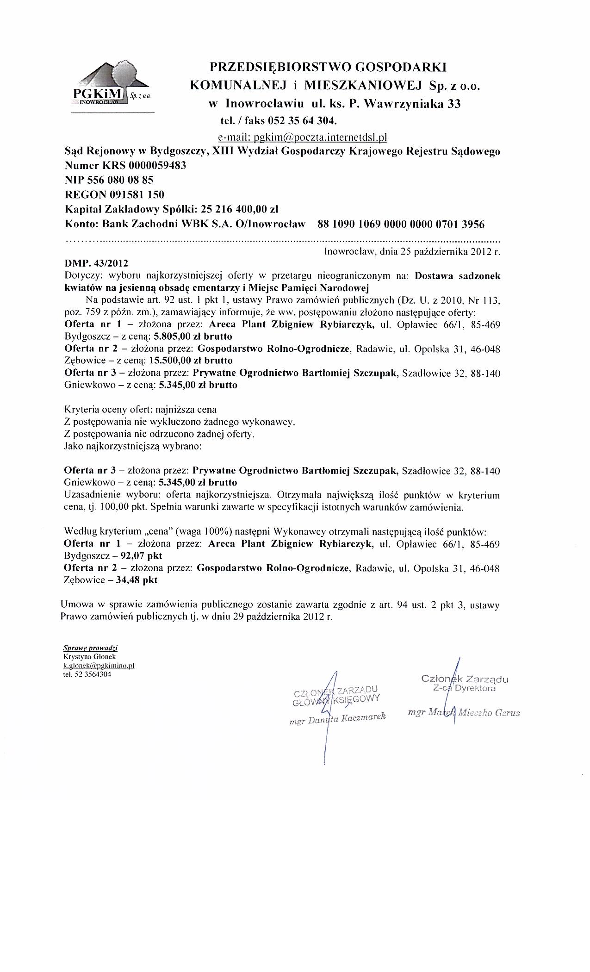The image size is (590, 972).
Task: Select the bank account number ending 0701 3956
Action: pyautogui.click(x=401, y=224)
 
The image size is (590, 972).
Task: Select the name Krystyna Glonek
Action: pyautogui.click(x=89, y=657)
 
